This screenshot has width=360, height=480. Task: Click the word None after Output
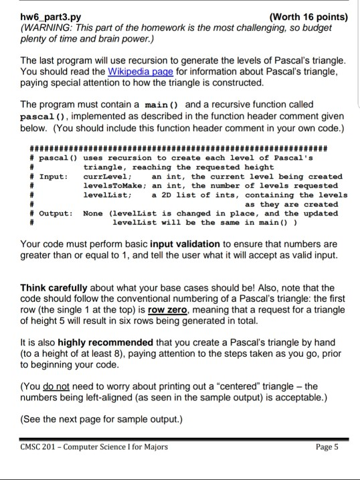click(93, 213)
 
